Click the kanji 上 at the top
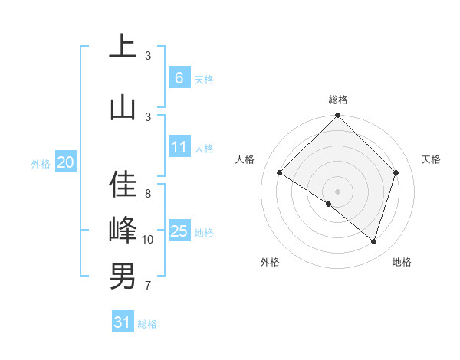pyautogui.click(x=123, y=47)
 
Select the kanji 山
pyautogui.click(x=123, y=106)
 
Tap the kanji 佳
pyautogui.click(x=123, y=185)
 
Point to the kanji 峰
pyautogui.click(x=123, y=230)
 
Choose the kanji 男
pyautogui.click(x=123, y=276)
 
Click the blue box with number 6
pyautogui.click(x=179, y=77)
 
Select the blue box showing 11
pyautogui.click(x=179, y=147)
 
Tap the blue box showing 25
pyautogui.click(x=179, y=231)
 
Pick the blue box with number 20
pyautogui.click(x=65, y=162)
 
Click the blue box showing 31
pyautogui.click(x=123, y=322)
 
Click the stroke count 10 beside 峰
pyautogui.click(x=148, y=240)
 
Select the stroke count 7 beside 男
pyautogui.click(x=148, y=286)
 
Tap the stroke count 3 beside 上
pyautogui.click(x=148, y=56)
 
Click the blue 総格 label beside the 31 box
pyautogui.click(x=147, y=324)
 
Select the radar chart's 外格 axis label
pyautogui.click(x=270, y=262)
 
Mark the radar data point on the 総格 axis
pyautogui.click(x=337, y=116)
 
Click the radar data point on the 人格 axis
pyautogui.click(x=280, y=173)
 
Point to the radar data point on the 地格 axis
pyautogui.click(x=373, y=241)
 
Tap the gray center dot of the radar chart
pyautogui.click(x=337, y=191)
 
